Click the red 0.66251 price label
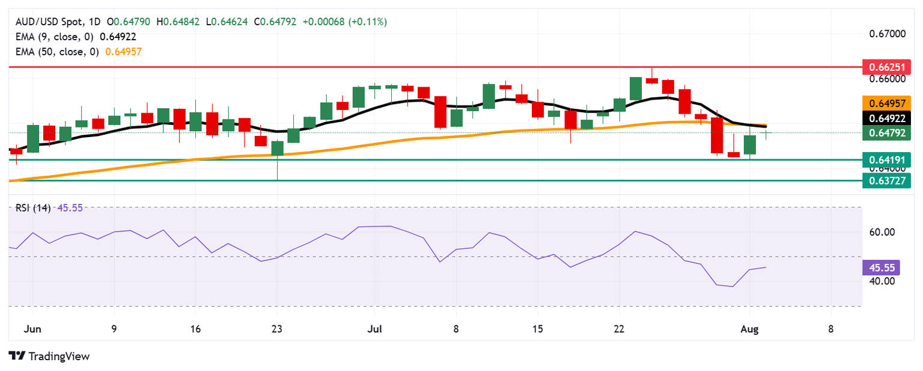(x=886, y=66)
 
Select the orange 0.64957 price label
(x=886, y=102)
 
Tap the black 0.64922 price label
(x=886, y=118)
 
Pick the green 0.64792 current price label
(x=886, y=133)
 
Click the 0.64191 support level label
(x=886, y=160)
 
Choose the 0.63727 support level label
(x=886, y=180)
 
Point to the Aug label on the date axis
(x=749, y=329)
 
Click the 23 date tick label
(x=277, y=329)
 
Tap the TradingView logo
(x=49, y=356)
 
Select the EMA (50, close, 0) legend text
(x=57, y=52)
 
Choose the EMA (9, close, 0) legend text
(x=55, y=37)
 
